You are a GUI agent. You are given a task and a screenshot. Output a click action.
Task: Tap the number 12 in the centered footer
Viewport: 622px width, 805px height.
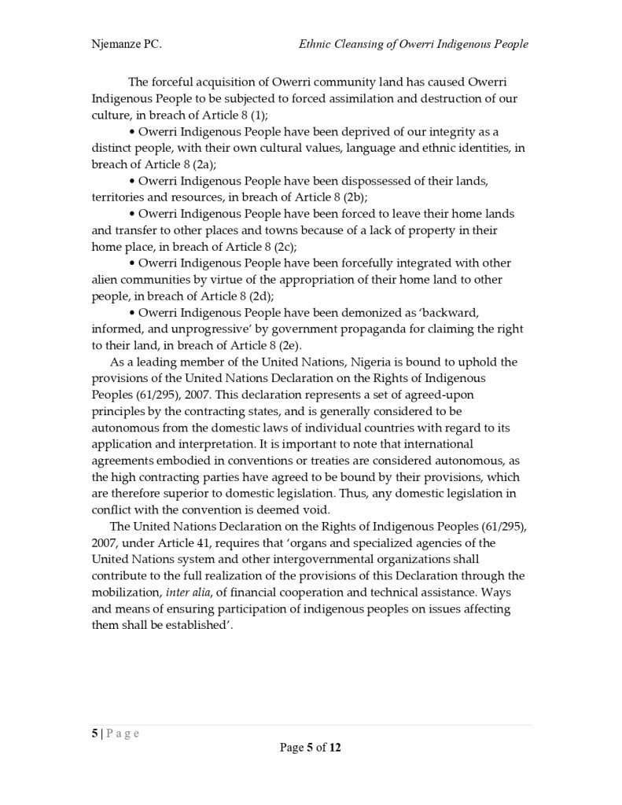[x=335, y=748]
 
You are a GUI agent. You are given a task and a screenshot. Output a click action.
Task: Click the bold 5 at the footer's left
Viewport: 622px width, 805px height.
[x=94, y=733]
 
